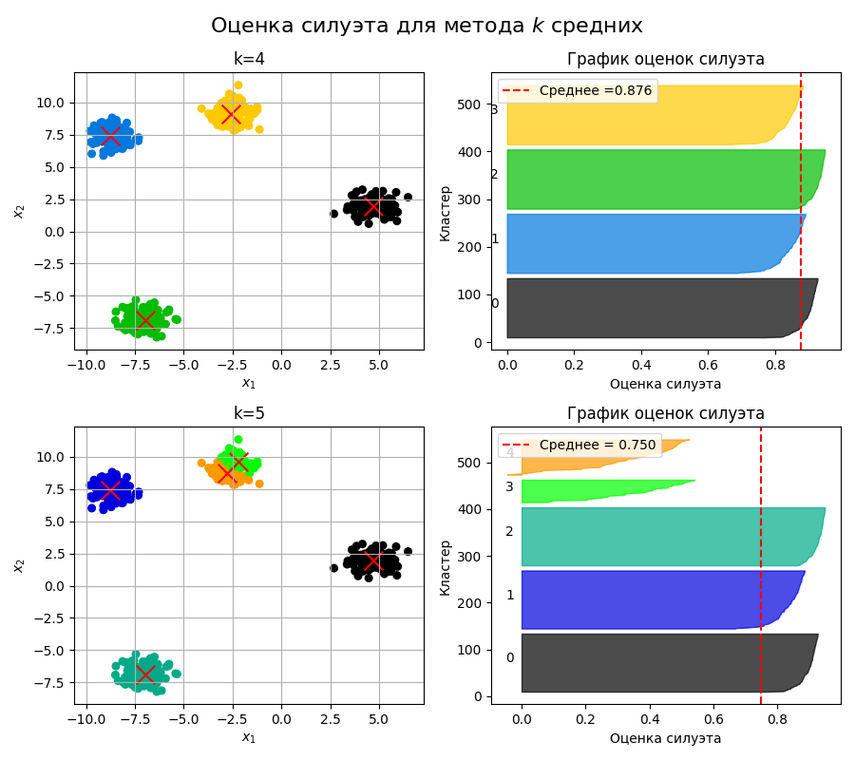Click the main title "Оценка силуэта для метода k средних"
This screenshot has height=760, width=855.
pos(427,26)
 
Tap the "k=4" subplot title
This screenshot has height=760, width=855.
pos(249,59)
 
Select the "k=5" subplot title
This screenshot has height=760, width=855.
pos(249,413)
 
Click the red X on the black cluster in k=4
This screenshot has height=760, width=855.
pos(372,206)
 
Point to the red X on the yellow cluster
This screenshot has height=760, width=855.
pos(231,115)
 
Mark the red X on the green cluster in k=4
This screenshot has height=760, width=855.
pos(144,318)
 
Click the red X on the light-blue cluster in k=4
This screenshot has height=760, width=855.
pos(110,136)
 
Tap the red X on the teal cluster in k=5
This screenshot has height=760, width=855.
pos(144,673)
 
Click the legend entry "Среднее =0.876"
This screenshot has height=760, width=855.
pos(578,91)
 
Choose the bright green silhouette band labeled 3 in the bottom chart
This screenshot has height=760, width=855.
pos(589,491)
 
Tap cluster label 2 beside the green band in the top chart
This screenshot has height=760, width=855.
pos(494,175)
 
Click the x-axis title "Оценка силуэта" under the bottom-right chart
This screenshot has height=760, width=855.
pos(665,738)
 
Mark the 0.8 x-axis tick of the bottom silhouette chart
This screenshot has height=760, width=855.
pos(778,719)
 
